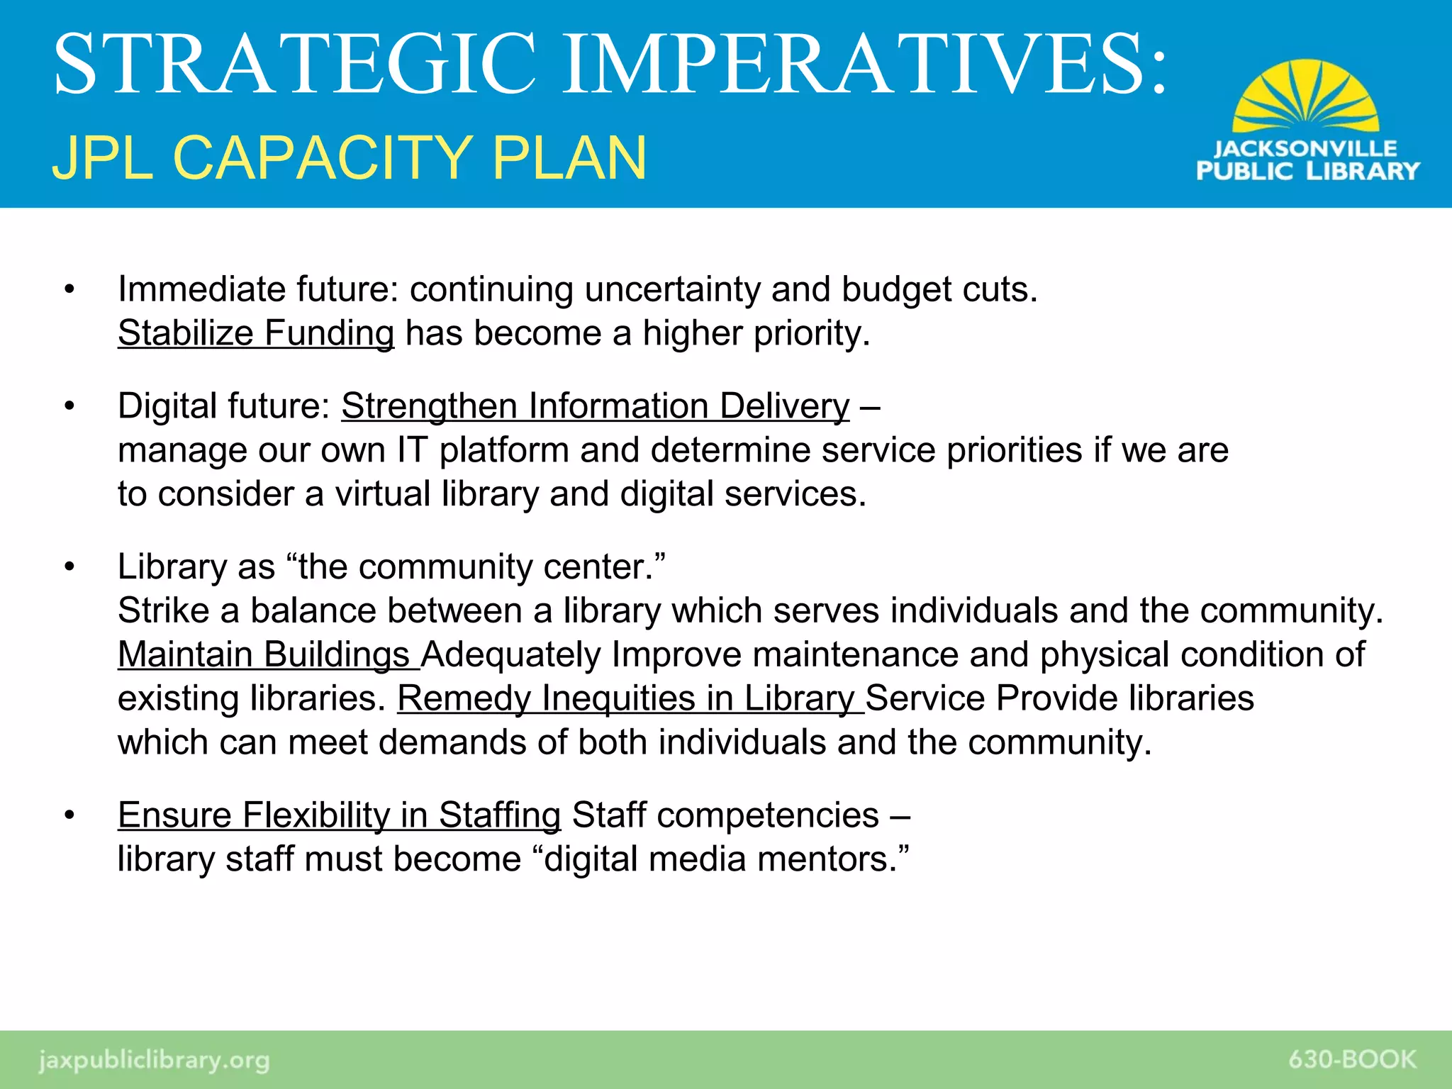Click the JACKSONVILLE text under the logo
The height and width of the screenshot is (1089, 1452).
pos(1305,149)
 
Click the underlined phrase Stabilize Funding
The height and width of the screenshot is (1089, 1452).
pos(255,333)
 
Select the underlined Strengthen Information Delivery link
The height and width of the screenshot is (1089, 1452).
pos(595,406)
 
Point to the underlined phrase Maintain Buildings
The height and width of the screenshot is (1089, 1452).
pos(264,654)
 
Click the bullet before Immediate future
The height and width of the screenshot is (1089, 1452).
pos(69,290)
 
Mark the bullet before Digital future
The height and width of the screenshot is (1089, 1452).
pos(69,407)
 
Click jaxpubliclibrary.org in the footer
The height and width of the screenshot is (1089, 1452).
pos(154,1061)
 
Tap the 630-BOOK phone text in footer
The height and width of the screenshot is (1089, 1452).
pos(1352,1060)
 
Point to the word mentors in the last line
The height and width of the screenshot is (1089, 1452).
pos(825,859)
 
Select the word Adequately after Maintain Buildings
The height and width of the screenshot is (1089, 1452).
pos(510,654)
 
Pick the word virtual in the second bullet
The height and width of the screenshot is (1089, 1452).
pos(382,494)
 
